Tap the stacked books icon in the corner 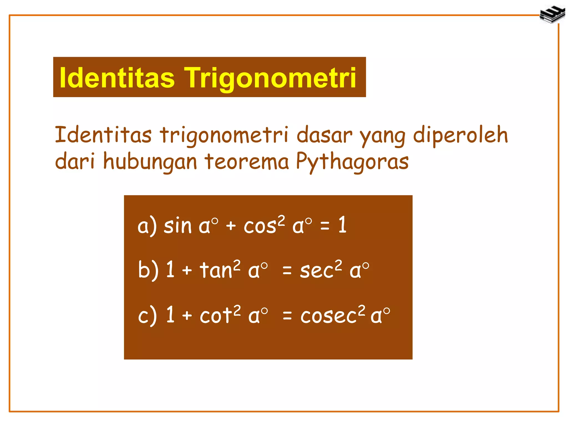(552, 14)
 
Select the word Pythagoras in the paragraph (352, 162)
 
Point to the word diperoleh (460, 135)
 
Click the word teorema (247, 162)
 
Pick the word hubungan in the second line (150, 162)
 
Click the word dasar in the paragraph (324, 135)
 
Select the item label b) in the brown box (148, 270)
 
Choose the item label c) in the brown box (147, 315)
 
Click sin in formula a (177, 225)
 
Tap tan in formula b (216, 270)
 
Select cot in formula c (216, 315)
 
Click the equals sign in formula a (325, 226)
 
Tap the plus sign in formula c (187, 315)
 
